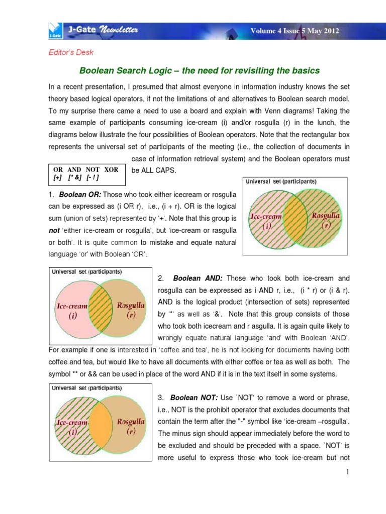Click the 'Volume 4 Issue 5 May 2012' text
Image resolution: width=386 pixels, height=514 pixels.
pos(295,31)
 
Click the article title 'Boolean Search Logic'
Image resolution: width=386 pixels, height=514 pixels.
pos(200,70)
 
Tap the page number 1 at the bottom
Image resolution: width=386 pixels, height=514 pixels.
pos(347,472)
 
